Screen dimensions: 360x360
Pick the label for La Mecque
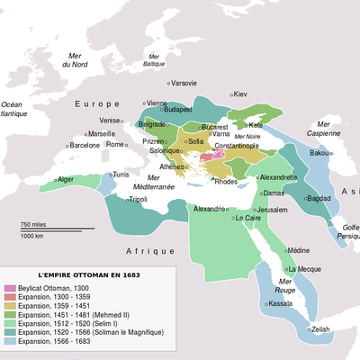point(302,269)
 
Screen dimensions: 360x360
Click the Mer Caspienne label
point(323,128)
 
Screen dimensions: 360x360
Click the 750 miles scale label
point(33,223)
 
